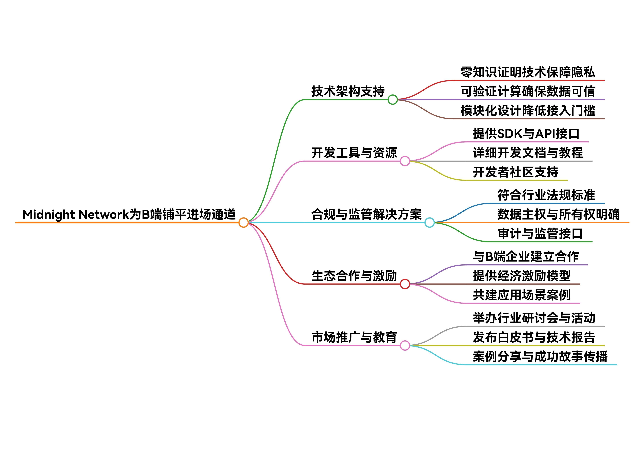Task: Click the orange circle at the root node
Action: coord(243,223)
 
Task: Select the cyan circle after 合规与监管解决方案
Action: coord(429,223)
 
